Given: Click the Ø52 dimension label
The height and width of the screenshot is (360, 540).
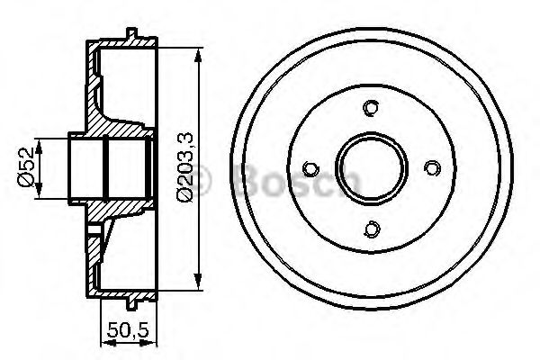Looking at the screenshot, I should pyautogui.click(x=26, y=167).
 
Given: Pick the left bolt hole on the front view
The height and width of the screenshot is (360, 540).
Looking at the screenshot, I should pyautogui.click(x=311, y=168).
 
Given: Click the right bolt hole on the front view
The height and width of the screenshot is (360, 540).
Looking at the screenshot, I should pyautogui.click(x=432, y=168).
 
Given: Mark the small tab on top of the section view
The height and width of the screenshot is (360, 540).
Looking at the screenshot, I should pyautogui.click(x=133, y=35).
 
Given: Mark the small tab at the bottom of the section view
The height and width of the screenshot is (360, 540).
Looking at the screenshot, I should pyautogui.click(x=133, y=302).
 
